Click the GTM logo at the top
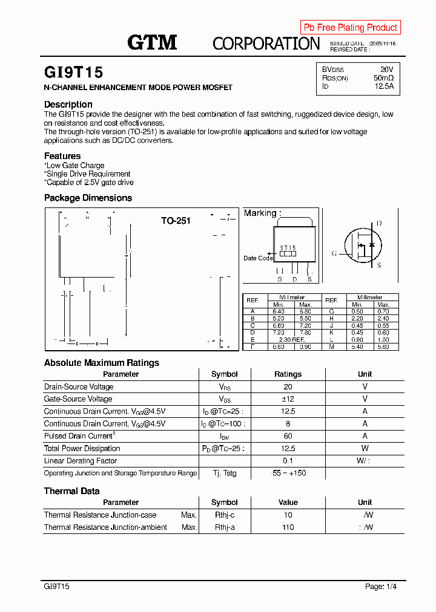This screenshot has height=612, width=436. [x=152, y=42]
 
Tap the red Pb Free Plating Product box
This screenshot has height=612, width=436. [x=350, y=27]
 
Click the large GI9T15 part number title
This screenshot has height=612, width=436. [x=74, y=73]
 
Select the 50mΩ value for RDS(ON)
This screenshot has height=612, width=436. [x=383, y=78]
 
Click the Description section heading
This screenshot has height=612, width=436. [x=68, y=105]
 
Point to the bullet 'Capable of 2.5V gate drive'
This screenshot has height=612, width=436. [x=90, y=182]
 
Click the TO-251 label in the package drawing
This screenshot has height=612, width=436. [x=176, y=221]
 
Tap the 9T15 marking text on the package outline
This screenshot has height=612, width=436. [x=288, y=248]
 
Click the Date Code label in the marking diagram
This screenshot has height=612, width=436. [x=258, y=258]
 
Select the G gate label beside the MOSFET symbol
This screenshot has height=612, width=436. [x=334, y=253]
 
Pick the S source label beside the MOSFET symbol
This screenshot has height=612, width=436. [x=379, y=265]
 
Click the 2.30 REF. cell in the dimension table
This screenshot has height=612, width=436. [x=292, y=339]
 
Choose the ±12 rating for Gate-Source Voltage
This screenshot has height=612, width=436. [x=288, y=399]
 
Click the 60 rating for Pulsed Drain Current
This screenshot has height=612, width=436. [x=288, y=436]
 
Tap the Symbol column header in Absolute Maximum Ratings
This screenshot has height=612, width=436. [x=224, y=374]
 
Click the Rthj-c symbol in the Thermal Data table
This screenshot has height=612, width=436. [x=224, y=515]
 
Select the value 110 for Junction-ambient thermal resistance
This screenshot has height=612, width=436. [x=288, y=527]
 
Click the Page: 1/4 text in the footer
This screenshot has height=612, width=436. [x=381, y=587]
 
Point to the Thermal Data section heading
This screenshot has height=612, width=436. [x=72, y=491]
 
